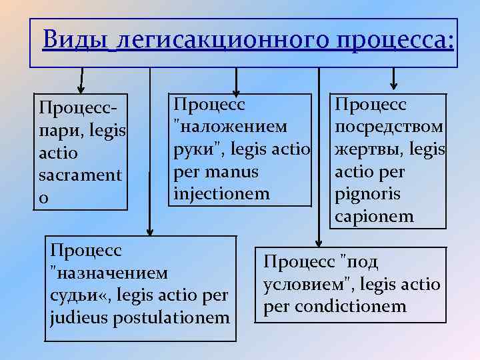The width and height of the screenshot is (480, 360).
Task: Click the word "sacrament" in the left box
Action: click(x=81, y=177)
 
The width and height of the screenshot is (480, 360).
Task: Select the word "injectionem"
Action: click(x=222, y=194)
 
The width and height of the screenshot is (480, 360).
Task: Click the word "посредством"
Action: click(x=389, y=127)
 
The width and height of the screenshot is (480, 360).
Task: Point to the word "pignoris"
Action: click(x=363, y=195)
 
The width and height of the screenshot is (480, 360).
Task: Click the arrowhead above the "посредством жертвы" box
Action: click(x=393, y=85)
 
